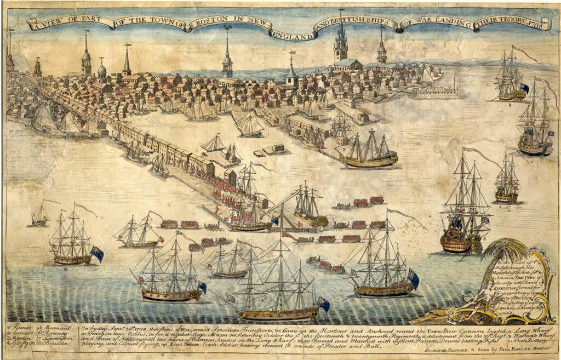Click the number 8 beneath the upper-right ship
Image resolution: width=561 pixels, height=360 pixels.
pos(510,103)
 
